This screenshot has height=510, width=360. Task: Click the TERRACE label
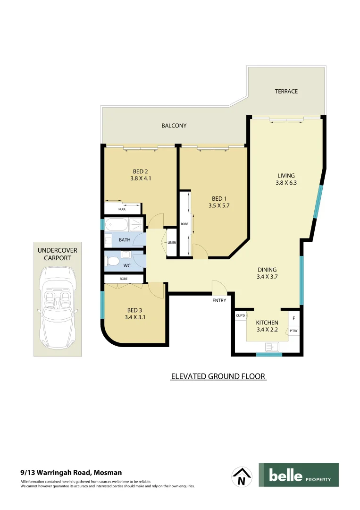point(286,91)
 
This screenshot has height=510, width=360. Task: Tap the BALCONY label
point(174,126)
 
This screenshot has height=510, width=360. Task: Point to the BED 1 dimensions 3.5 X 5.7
point(218,205)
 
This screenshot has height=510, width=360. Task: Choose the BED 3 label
point(134,310)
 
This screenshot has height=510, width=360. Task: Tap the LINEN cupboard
point(172,243)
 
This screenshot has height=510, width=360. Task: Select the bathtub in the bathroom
point(117,224)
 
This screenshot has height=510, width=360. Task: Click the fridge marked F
point(293,319)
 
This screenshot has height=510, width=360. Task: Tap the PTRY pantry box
point(293,331)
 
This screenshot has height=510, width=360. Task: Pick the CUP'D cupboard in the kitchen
point(241,315)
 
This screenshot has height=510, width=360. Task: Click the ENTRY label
point(219,300)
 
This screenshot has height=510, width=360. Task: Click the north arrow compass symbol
point(242,476)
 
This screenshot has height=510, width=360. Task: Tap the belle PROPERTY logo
point(298,475)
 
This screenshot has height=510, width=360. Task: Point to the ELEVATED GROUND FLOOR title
point(218,376)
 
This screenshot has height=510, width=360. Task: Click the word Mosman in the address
point(108,472)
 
